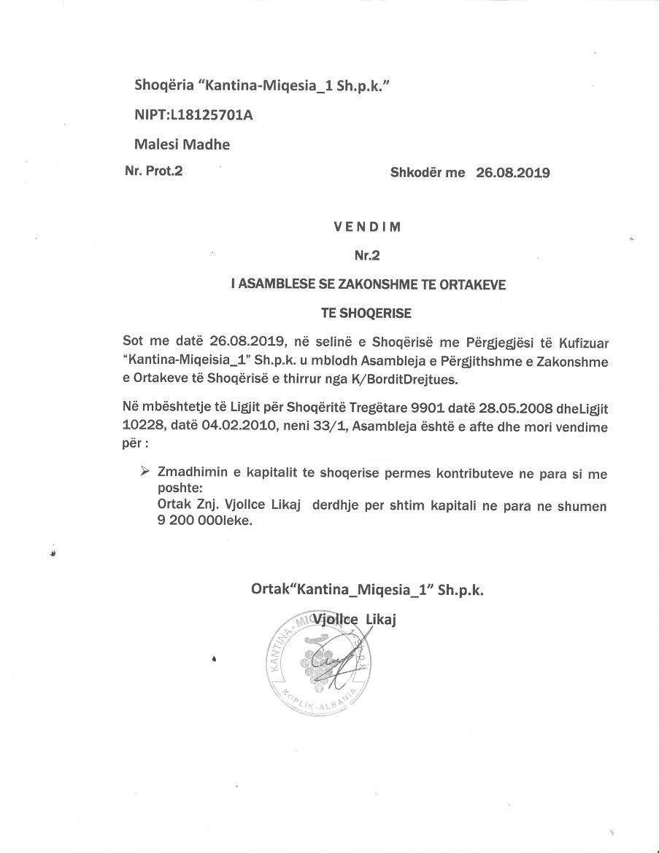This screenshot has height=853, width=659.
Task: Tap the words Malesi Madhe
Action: (182, 144)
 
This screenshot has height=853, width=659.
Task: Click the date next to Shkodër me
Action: (512, 174)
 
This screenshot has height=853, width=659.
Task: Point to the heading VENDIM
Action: (368, 226)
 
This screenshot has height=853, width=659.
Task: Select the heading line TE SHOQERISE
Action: (367, 313)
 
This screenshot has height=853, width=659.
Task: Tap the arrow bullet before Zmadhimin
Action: (144, 472)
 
